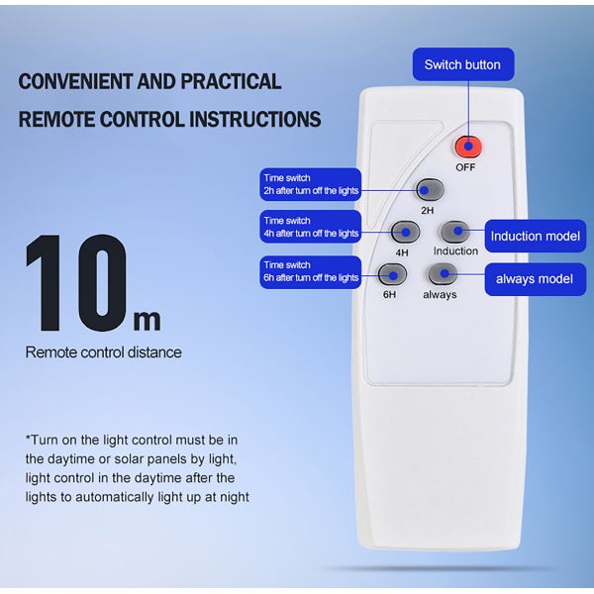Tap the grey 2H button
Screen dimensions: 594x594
tap(430, 190)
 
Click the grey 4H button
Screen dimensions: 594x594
tap(405, 232)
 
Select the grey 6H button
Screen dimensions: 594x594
tap(392, 274)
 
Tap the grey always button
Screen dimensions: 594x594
tap(443, 274)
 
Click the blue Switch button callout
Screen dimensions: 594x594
tap(463, 64)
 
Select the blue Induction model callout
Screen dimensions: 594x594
tap(536, 236)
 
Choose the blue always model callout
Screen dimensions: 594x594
tap(536, 279)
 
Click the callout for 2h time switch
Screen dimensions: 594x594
tap(310, 184)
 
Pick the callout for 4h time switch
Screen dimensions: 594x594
tap(310, 227)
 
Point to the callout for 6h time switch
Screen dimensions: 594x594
tap(310, 272)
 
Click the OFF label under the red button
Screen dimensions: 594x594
tap(465, 167)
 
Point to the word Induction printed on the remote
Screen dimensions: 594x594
tap(455, 250)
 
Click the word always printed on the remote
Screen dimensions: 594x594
tap(440, 294)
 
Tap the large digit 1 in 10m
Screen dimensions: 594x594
tap(45, 283)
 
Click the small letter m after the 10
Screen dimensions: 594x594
tap(147, 321)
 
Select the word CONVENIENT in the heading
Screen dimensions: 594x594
tap(75, 81)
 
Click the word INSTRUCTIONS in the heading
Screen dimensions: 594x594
tap(255, 119)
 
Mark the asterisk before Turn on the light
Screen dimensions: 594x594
tap(28, 438)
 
